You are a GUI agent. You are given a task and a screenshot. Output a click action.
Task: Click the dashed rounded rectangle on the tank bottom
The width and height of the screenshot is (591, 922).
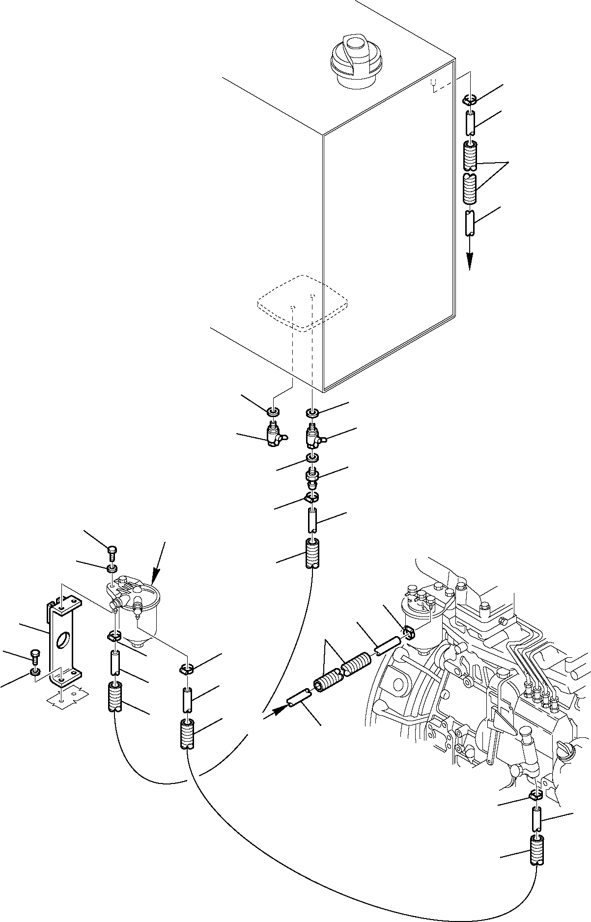(303, 302)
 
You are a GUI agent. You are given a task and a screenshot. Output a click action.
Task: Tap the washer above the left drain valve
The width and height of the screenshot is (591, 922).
(273, 410)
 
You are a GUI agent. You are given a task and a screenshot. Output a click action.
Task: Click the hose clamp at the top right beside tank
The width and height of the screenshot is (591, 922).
(470, 101)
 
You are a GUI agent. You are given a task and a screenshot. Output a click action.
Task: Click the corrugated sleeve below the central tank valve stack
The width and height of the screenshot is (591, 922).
(312, 553)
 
